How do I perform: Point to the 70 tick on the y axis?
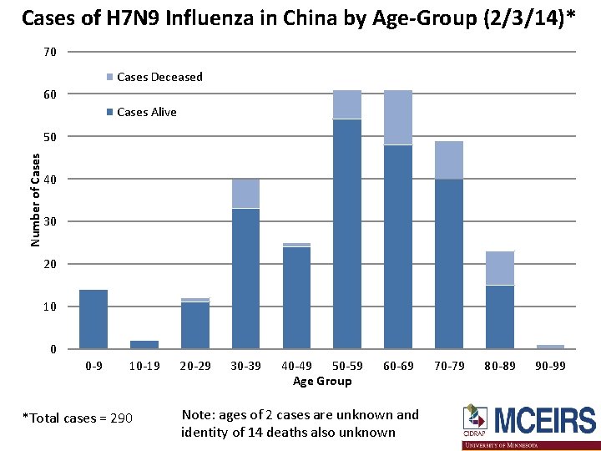click(50, 52)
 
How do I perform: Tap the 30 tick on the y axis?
click(50, 221)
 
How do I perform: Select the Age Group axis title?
click(322, 381)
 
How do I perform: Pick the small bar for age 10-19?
click(144, 344)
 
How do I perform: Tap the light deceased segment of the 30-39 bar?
click(245, 193)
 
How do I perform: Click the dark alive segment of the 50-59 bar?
click(347, 234)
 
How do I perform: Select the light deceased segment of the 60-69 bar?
click(398, 117)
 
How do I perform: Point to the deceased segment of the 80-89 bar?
click(500, 268)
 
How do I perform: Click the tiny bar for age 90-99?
click(551, 347)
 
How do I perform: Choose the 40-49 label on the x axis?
click(297, 366)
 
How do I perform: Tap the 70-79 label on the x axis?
click(450, 366)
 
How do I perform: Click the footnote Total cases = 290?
click(77, 418)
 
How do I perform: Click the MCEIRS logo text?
click(544, 420)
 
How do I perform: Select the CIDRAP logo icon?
click(476, 418)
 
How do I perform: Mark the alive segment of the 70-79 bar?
click(449, 264)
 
